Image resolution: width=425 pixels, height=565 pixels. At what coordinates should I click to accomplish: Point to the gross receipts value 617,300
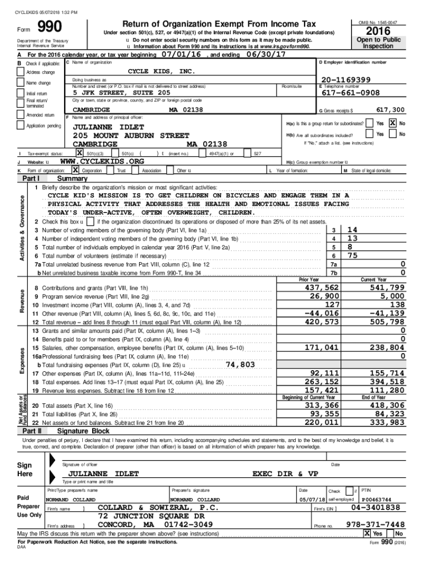click(x=390, y=110)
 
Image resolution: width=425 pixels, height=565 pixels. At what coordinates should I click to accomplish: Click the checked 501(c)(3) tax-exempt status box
click(x=79, y=153)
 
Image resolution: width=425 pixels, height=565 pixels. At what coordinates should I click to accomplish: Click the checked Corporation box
click(x=76, y=171)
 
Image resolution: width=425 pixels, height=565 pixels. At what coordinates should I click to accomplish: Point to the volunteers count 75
click(x=352, y=255)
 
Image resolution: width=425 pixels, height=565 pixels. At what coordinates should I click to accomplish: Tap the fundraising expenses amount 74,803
click(x=240, y=365)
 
